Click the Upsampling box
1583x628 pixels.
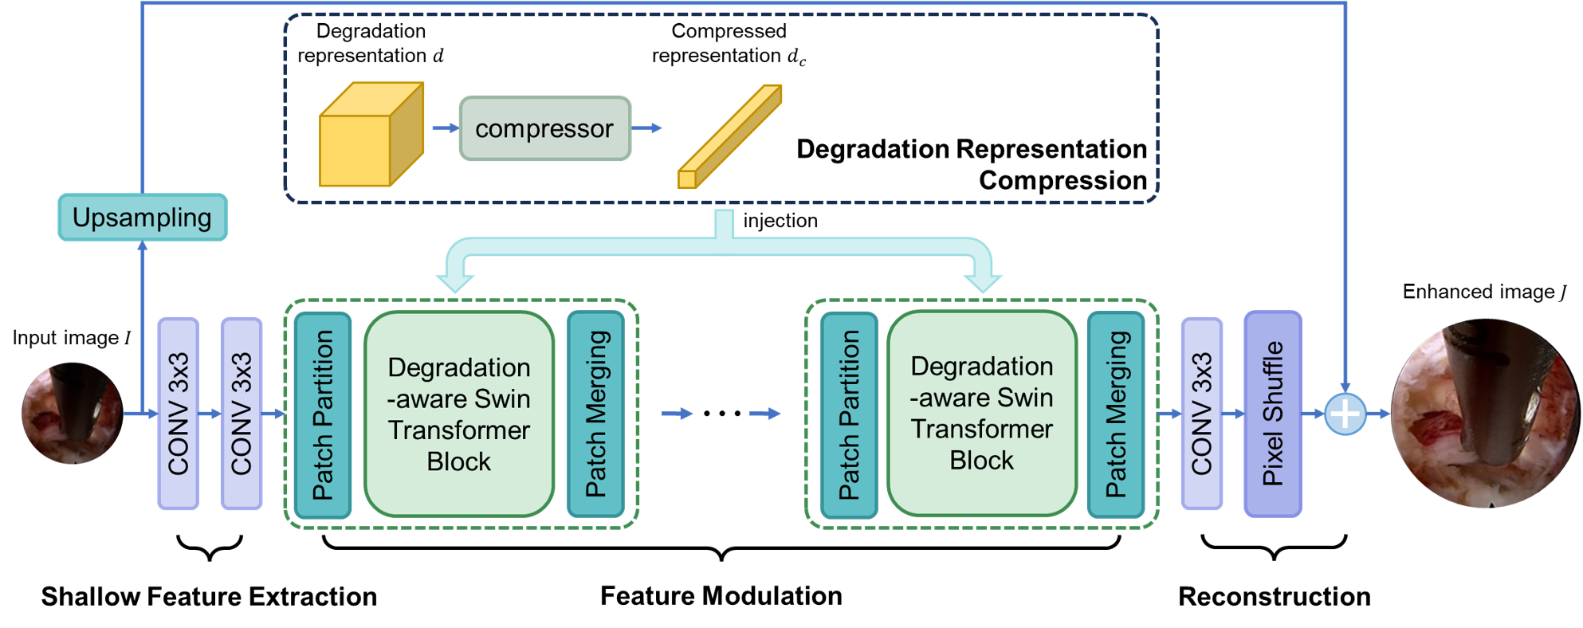[x=142, y=217]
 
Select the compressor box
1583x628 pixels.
[x=544, y=128]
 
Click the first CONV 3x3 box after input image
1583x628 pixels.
[x=178, y=414]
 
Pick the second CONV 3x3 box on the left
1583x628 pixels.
[x=241, y=414]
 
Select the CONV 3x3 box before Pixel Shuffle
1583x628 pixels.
[x=1201, y=414]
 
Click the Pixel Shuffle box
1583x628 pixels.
[x=1272, y=414]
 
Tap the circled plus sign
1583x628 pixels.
[x=1345, y=414]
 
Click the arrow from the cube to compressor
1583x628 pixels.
[x=445, y=128]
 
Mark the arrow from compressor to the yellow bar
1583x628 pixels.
[x=646, y=128]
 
